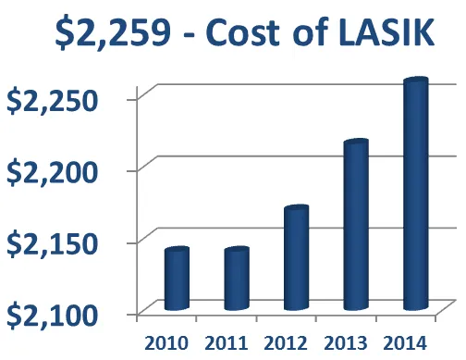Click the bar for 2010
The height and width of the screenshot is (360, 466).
[x=176, y=279]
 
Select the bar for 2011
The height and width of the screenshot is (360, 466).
[x=236, y=279]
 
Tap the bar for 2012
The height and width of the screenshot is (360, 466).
[x=296, y=260]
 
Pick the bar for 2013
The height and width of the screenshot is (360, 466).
[x=356, y=227]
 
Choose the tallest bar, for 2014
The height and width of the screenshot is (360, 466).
[x=415, y=195]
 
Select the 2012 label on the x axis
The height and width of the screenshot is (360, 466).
[x=282, y=342]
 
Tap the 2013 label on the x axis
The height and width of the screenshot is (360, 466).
[x=342, y=342]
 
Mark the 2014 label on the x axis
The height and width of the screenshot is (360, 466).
[x=402, y=342]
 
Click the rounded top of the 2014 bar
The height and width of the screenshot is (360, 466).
[x=415, y=84]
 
